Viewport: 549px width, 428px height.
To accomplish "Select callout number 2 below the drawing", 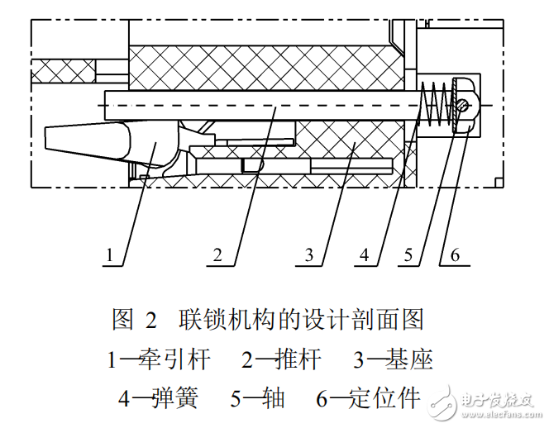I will (x=217, y=255).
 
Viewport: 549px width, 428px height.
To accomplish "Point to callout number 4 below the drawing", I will (x=365, y=255).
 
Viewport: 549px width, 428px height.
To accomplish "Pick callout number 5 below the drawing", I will (x=408, y=255).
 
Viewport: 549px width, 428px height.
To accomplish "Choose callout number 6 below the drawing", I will (x=454, y=255).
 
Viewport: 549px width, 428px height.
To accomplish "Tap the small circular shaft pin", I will (x=464, y=106).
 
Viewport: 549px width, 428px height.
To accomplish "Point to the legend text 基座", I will (x=411, y=359).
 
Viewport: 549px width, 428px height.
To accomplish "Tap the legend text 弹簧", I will (x=174, y=397).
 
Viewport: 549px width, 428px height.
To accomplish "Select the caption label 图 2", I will (x=134, y=320).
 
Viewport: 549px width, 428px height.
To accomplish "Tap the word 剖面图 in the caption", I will (x=395, y=320).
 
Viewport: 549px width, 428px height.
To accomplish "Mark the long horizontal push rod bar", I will (x=248, y=105).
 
